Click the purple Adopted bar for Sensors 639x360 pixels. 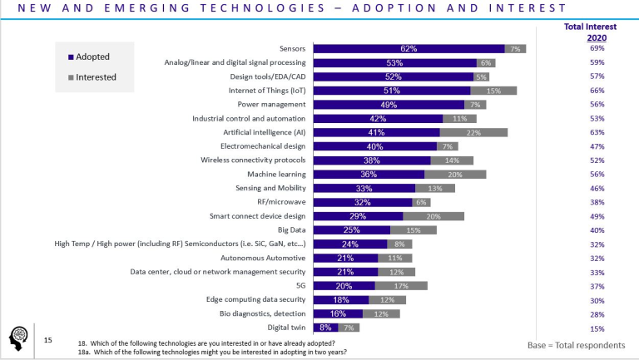point(408,49)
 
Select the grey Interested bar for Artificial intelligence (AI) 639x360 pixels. point(473,132)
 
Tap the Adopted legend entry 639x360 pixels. point(92,57)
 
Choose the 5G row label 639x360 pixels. point(300,285)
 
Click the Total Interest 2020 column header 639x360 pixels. point(596,32)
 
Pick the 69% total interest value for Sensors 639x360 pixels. point(596,49)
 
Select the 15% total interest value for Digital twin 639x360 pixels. point(596,328)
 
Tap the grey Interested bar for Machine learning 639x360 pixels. point(455,174)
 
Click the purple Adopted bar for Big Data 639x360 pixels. point(351,229)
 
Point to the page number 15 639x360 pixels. point(47,340)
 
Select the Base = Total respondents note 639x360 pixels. point(576,345)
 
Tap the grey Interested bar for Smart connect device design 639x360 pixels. point(433,216)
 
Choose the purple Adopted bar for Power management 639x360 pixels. point(388,105)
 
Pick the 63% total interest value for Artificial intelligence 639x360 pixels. point(596,132)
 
